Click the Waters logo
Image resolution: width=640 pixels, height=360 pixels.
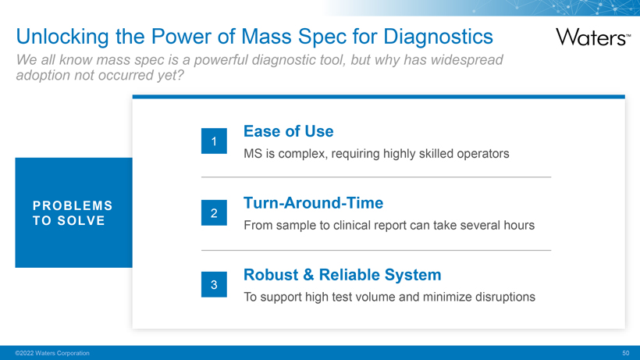click(x=593, y=37)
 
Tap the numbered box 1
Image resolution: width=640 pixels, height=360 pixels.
click(x=214, y=141)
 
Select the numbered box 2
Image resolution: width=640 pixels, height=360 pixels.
click(x=214, y=212)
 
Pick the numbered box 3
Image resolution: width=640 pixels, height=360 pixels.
click(x=214, y=284)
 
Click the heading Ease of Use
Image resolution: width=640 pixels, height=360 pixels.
click(x=289, y=131)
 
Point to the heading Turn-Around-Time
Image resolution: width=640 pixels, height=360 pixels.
click(x=314, y=203)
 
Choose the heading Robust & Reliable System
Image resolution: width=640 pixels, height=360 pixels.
click(x=343, y=275)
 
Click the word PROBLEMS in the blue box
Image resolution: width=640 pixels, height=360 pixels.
click(x=73, y=205)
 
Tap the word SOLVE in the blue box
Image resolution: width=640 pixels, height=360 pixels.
click(x=81, y=221)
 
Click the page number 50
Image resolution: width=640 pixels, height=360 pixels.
click(x=626, y=353)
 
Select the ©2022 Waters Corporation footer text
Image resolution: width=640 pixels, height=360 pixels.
click(x=52, y=353)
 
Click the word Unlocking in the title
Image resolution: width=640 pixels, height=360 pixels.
click(x=62, y=37)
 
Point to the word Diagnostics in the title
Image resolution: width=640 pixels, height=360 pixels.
click(x=438, y=37)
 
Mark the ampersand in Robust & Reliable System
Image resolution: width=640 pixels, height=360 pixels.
click(x=308, y=275)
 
